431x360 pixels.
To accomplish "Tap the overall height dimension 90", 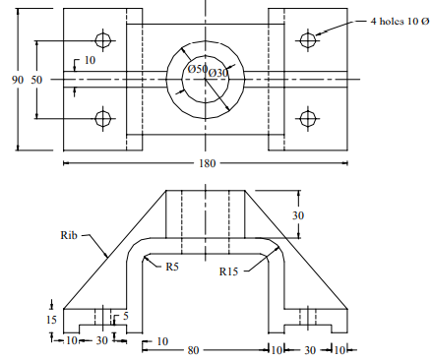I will click(x=17, y=80).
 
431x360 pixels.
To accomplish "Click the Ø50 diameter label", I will click(x=198, y=70).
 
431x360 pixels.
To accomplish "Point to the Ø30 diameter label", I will click(x=218, y=72).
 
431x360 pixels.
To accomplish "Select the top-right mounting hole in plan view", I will click(x=307, y=40).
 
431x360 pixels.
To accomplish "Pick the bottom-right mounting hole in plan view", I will click(x=307, y=119).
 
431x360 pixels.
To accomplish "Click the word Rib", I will click(x=68, y=235).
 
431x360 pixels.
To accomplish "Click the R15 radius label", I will click(x=228, y=270).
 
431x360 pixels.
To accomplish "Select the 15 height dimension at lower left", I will click(x=50, y=320).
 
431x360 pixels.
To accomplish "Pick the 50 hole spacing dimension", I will click(x=38, y=80).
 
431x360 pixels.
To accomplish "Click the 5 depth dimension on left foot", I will click(x=126, y=316).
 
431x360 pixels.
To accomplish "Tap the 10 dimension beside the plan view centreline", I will click(x=90, y=60).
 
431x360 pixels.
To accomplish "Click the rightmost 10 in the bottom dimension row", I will click(x=339, y=350).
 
